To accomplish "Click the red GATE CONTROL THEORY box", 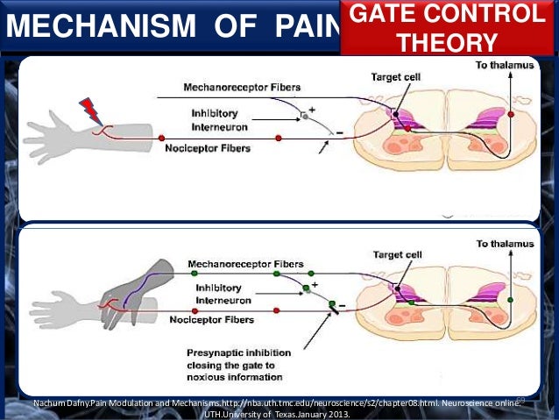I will coord(444,27).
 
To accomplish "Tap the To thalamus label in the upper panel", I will coord(506,66).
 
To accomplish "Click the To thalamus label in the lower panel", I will coord(506,243).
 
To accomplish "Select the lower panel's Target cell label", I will coord(395,254).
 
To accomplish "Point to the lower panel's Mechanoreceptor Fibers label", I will coord(244,264).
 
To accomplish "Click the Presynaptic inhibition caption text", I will coord(234,366).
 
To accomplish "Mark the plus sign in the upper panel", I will coord(314,110).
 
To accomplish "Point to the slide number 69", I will coord(520,401).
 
